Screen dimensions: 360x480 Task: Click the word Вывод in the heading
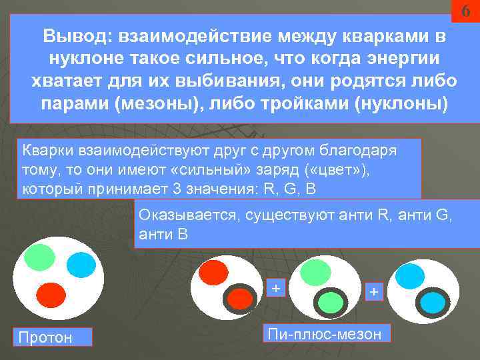coord(69,36)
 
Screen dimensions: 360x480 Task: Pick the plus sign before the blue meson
coord(373,292)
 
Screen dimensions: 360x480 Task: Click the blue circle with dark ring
coord(431,303)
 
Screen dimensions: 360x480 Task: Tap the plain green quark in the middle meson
coord(315,271)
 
